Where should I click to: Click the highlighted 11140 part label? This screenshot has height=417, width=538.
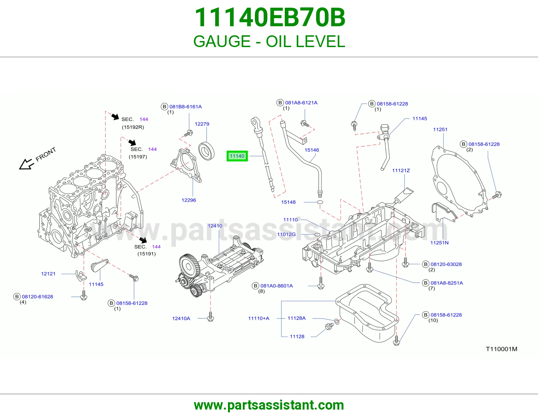(x=237, y=156)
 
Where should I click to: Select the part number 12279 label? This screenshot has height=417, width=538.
(x=202, y=124)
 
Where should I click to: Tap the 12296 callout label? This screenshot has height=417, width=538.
(x=189, y=200)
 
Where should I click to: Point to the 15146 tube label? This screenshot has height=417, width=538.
(x=312, y=150)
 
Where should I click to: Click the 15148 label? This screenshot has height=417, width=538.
(x=288, y=202)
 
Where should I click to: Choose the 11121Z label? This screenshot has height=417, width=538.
(x=401, y=170)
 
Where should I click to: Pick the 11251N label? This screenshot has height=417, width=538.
(x=439, y=243)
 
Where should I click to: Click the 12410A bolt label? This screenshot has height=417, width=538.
(x=181, y=318)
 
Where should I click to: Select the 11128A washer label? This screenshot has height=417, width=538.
(x=296, y=318)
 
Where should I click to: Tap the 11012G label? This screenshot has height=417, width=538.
(x=286, y=234)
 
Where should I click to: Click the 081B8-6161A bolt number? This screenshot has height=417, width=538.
(x=185, y=107)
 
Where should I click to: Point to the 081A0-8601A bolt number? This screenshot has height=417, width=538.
(x=276, y=286)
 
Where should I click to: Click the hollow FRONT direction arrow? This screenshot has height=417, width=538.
(x=26, y=164)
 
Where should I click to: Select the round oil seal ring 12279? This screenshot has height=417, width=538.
(x=206, y=151)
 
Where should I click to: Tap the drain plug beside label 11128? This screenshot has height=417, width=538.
(x=329, y=326)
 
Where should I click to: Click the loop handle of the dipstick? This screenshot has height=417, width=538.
(x=255, y=122)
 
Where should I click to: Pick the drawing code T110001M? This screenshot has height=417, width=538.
(x=502, y=349)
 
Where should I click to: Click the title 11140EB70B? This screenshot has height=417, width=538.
(x=270, y=17)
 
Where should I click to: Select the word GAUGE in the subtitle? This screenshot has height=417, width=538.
(x=222, y=41)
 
